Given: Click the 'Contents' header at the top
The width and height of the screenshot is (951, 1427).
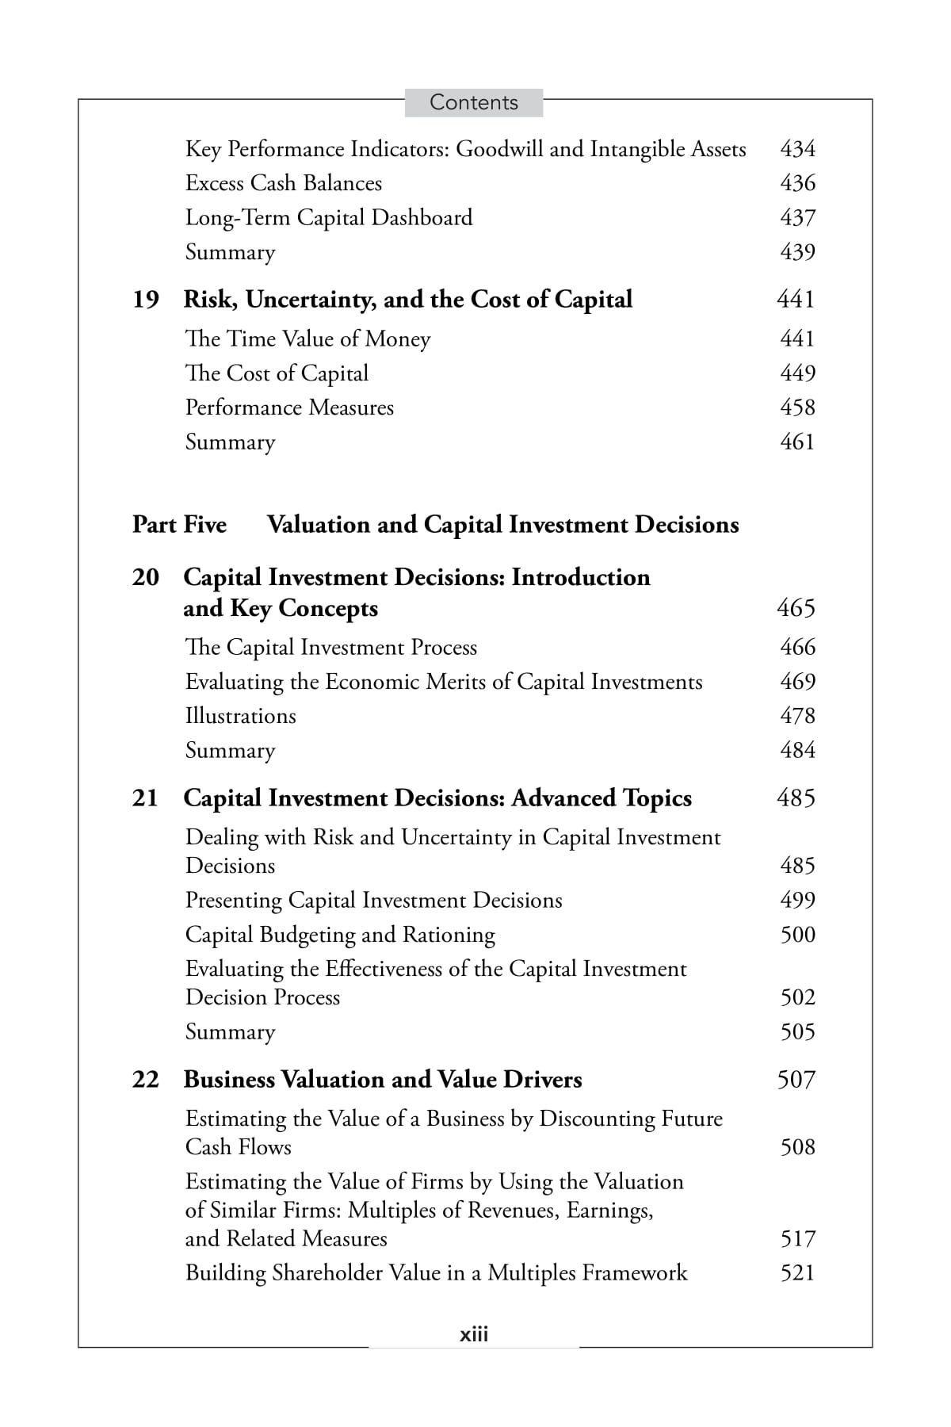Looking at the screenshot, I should (473, 102).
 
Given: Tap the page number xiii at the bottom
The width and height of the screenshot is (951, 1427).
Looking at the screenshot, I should (474, 1334).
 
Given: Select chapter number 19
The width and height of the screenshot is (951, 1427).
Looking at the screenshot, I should (146, 300).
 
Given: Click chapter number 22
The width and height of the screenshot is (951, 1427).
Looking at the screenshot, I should (146, 1080).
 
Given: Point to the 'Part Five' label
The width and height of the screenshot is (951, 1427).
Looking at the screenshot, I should (179, 525).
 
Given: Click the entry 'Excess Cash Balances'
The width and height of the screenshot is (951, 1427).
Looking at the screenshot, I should (283, 183).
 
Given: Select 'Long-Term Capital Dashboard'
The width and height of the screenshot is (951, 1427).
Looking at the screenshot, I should (328, 218).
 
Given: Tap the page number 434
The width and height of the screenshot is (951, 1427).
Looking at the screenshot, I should (797, 149).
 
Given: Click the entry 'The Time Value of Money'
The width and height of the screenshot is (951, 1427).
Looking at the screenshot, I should (307, 339).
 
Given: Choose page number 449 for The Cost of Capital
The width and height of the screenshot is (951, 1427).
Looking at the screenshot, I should (797, 373).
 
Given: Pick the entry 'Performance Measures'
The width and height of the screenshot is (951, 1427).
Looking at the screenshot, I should (289, 407).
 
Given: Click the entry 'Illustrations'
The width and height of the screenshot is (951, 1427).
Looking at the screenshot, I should (240, 716).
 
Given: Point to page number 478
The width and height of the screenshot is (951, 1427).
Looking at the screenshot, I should (797, 716).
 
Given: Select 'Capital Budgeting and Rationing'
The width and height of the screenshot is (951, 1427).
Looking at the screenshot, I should (340, 935).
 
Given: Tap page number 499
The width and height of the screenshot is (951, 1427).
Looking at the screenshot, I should (797, 901).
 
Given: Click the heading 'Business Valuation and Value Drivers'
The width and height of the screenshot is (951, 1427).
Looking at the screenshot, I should (383, 1080).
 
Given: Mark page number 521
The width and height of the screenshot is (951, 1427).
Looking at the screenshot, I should (797, 1273).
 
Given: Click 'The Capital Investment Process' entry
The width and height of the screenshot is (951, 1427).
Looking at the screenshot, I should (330, 648).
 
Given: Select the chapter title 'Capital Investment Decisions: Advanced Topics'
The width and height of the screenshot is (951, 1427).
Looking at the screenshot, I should (437, 798).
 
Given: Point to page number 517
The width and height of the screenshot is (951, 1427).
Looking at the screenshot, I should (797, 1239).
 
